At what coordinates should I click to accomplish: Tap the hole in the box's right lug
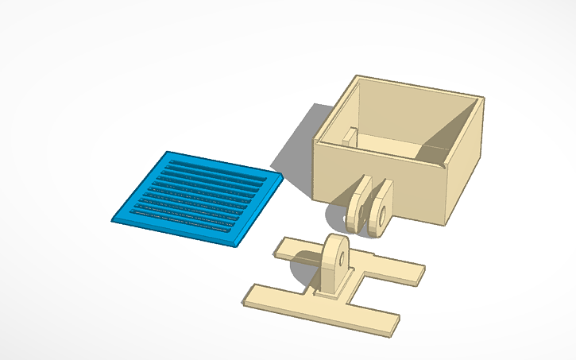382,213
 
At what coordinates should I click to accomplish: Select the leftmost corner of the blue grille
113,216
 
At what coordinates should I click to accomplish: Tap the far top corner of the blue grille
168,152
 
